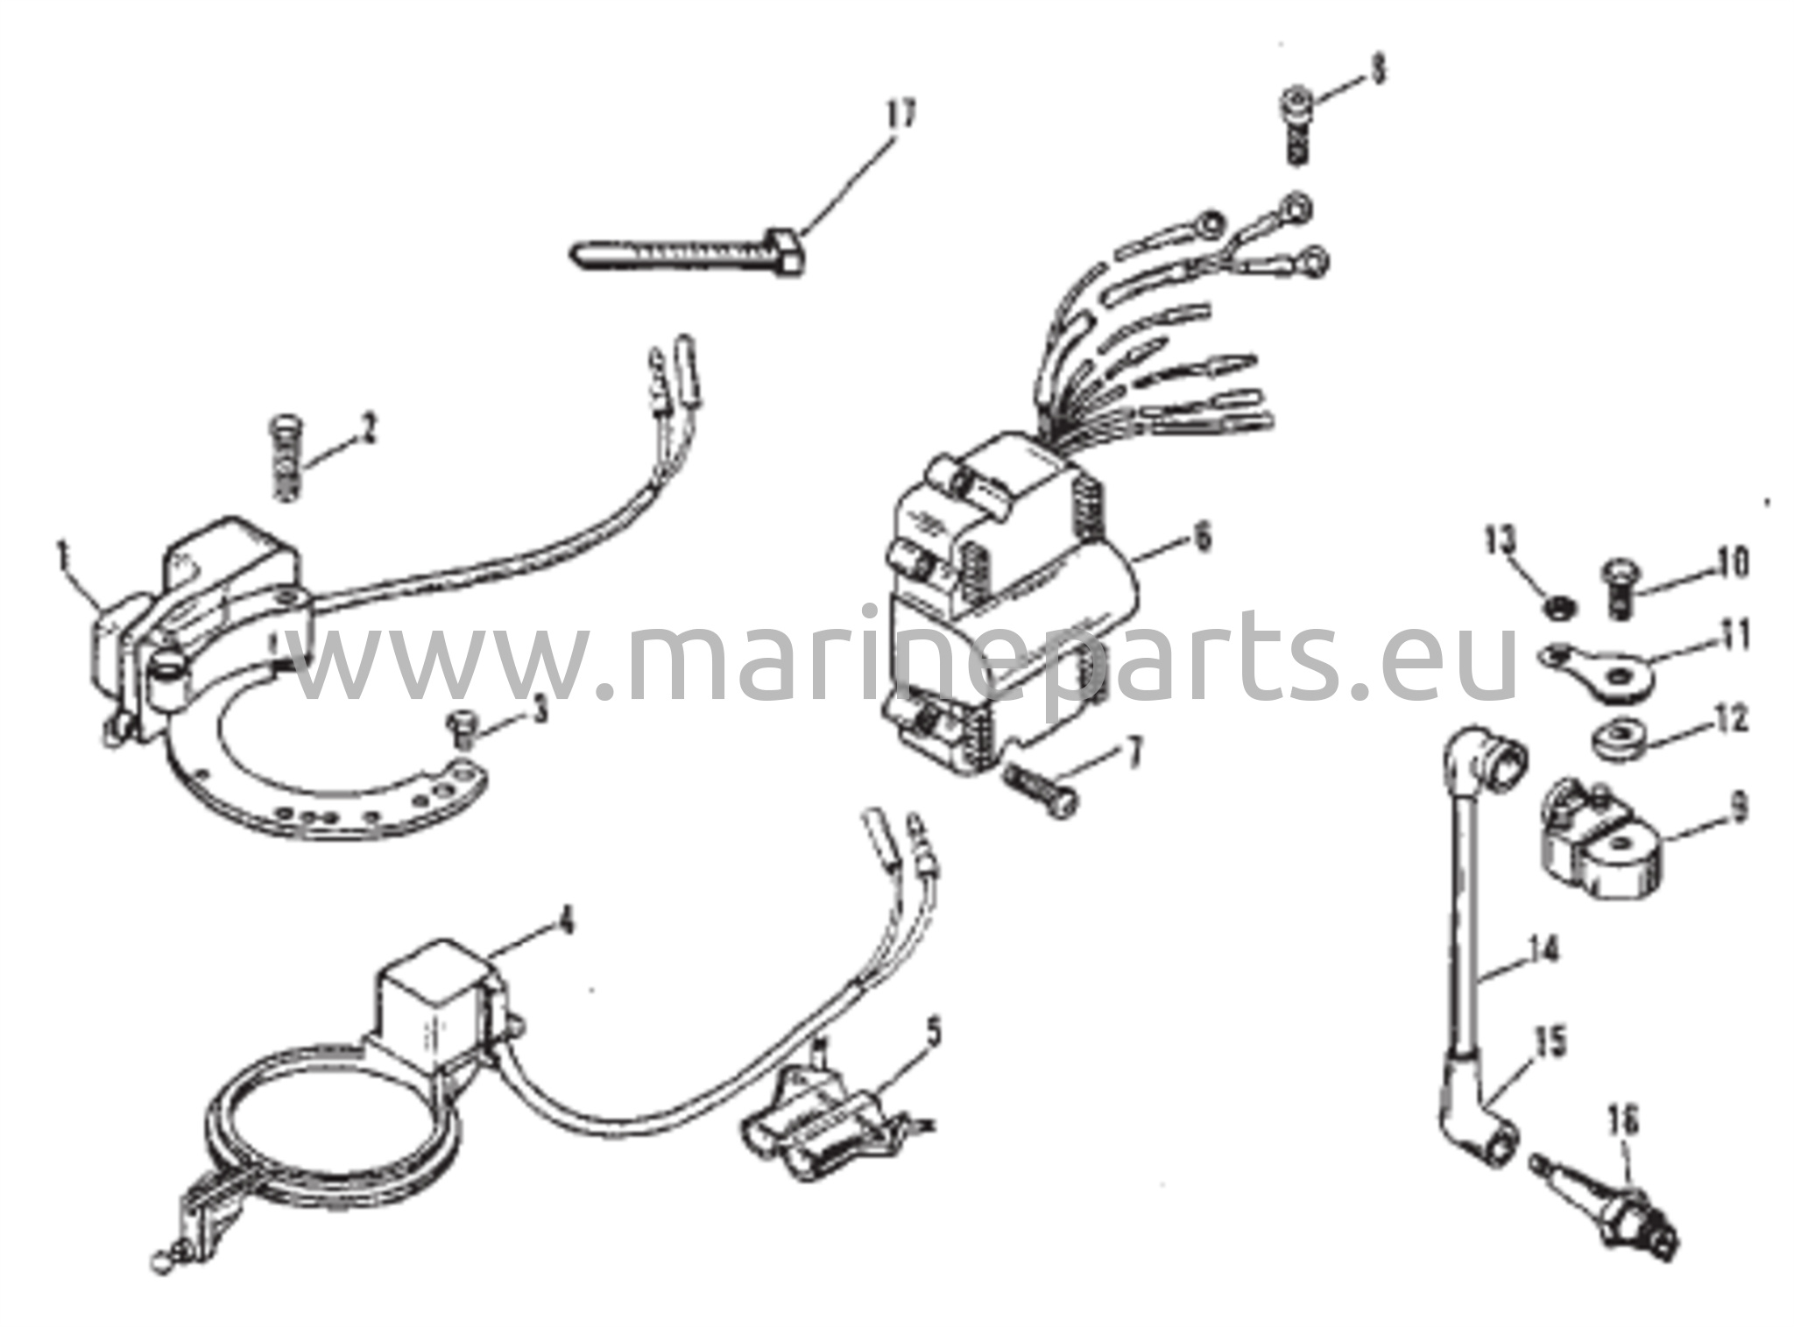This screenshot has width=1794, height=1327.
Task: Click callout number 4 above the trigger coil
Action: point(567,921)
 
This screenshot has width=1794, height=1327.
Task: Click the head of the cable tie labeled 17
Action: point(787,254)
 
